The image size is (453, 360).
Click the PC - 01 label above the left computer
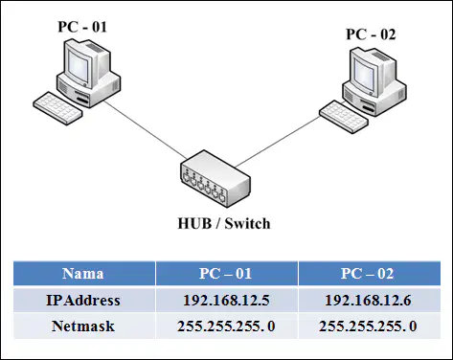(x=82, y=27)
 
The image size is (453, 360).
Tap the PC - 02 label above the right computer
(x=371, y=34)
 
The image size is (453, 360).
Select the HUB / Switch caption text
(x=224, y=223)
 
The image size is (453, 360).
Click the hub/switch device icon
(x=215, y=178)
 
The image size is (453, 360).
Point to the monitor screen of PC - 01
(x=78, y=68)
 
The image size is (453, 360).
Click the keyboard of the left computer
(x=57, y=108)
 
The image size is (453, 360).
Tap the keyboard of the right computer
(x=344, y=117)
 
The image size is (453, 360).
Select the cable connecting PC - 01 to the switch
(x=145, y=129)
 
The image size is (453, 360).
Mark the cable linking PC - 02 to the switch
(x=277, y=142)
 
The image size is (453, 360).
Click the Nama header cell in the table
(x=83, y=274)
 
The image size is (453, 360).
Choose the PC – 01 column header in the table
(x=225, y=274)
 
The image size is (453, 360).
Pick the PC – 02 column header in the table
(x=368, y=274)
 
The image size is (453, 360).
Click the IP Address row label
(x=83, y=301)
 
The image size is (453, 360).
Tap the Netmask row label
(x=83, y=326)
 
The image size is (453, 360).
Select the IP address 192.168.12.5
(x=226, y=301)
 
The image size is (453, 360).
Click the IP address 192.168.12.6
(x=368, y=301)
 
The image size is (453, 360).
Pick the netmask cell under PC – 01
(x=226, y=326)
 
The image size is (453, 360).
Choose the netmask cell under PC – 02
(x=368, y=326)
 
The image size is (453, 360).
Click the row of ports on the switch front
(x=203, y=187)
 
